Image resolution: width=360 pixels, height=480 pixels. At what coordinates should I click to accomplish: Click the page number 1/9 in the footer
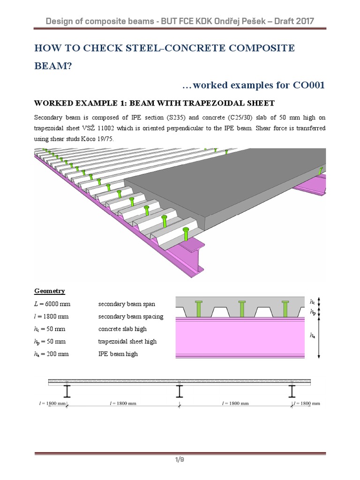click(x=180, y=460)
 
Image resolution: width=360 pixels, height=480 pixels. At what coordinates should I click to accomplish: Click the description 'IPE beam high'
click(x=118, y=354)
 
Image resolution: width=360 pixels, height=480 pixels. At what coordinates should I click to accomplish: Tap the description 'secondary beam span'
click(x=127, y=304)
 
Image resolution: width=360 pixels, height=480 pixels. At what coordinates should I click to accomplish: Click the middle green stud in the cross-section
click(x=242, y=308)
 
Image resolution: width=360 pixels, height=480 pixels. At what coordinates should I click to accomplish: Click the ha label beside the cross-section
click(x=313, y=336)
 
